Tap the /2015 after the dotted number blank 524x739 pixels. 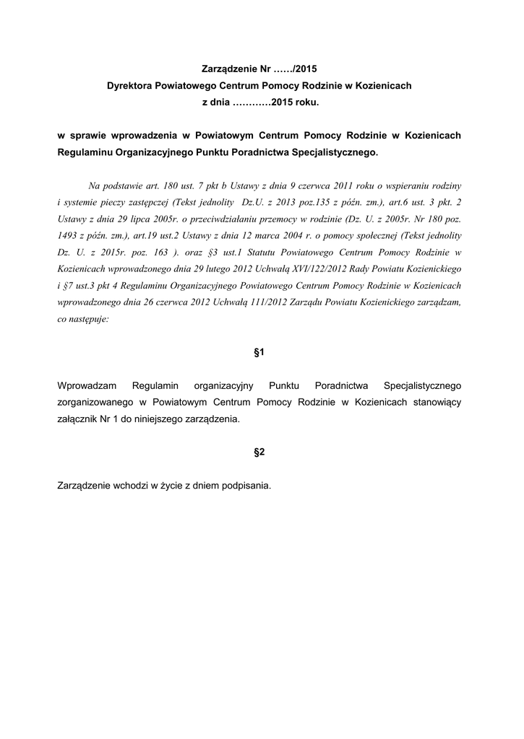pyautogui.click(x=302, y=70)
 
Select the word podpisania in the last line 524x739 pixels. pyautogui.click(x=244, y=485)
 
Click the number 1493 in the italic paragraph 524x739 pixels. pyautogui.click(x=68, y=235)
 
